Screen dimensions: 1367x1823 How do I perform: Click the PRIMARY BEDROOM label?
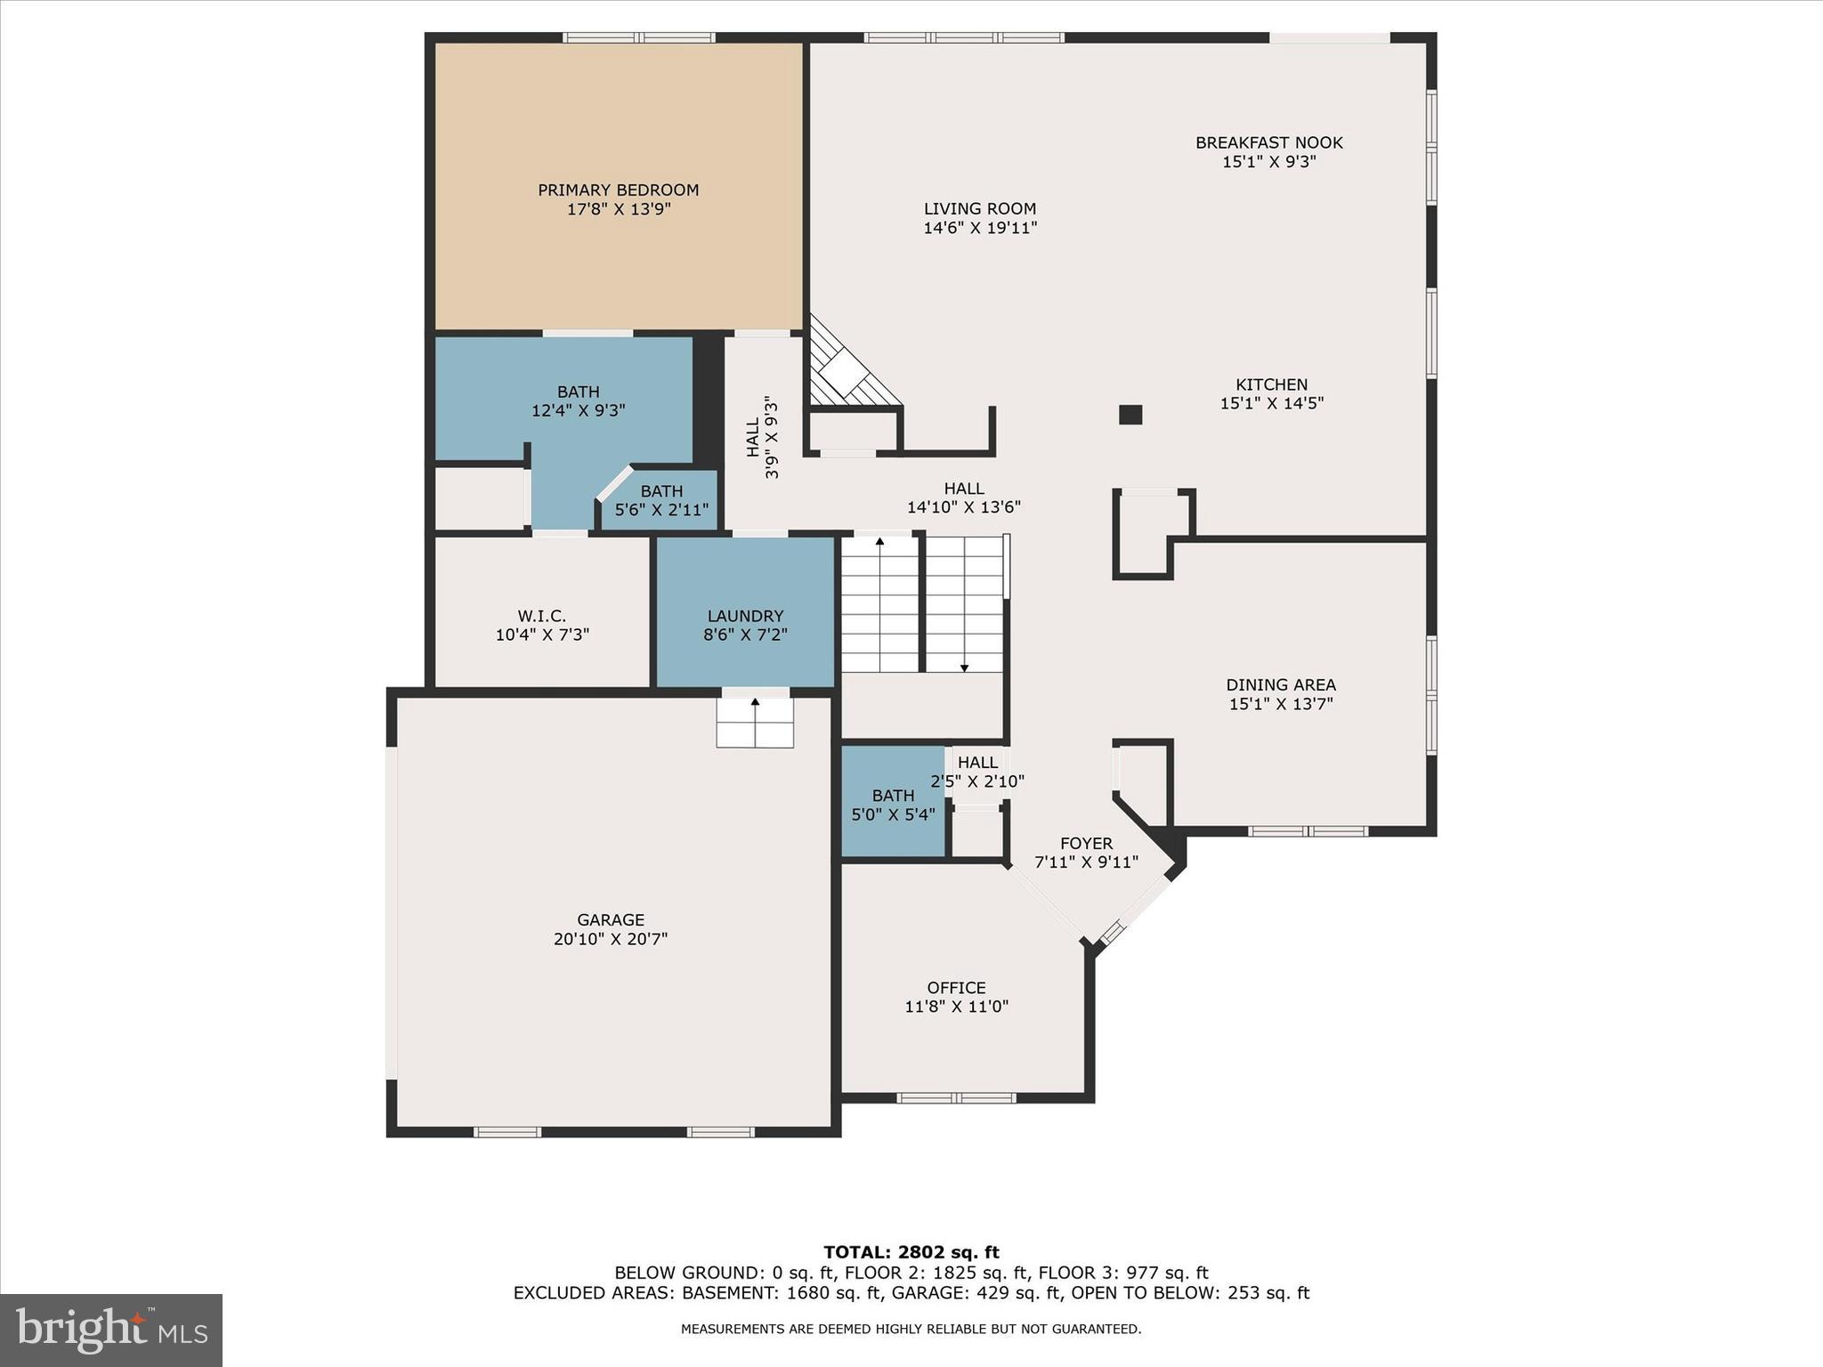[618, 190]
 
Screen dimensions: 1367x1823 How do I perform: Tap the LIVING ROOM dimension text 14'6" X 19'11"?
[980, 228]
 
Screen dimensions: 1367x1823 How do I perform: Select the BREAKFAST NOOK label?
[1268, 142]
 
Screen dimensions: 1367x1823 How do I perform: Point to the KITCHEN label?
[1271, 384]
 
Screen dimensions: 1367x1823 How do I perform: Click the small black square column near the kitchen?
[1130, 415]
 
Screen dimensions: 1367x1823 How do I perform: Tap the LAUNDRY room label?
[745, 616]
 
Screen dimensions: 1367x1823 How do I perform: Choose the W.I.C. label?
[541, 616]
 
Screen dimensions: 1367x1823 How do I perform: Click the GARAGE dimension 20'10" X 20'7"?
[610, 939]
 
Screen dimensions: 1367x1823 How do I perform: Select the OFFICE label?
[956, 988]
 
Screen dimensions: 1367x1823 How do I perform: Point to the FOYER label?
[1086, 844]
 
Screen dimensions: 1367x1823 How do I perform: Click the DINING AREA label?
[1280, 684]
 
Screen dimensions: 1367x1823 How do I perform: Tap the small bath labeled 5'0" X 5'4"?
[893, 805]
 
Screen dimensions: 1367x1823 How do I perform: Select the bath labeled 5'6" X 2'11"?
[661, 500]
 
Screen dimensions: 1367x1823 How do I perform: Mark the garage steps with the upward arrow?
[755, 722]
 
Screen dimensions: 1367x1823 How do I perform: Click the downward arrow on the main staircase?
[964, 667]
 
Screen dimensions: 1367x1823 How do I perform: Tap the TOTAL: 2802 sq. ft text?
[911, 1252]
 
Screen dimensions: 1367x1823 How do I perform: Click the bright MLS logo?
[110, 1330]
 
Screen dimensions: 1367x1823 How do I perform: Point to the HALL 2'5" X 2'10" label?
[977, 772]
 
